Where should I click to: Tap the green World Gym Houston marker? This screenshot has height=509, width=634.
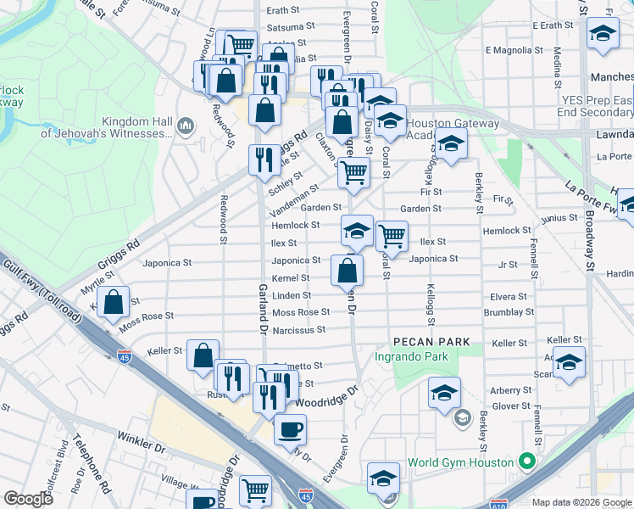tap(527, 462)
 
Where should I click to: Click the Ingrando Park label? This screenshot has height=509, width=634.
tap(411, 357)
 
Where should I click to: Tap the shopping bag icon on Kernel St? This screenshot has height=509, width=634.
tap(347, 271)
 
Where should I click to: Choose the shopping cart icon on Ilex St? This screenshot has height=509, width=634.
tap(392, 235)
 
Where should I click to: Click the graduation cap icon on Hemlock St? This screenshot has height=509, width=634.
tap(357, 231)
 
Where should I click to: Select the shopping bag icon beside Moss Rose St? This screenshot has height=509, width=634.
tap(114, 304)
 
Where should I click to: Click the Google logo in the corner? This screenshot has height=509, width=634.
tap(29, 498)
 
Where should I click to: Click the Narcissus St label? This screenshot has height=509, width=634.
tap(300, 329)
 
